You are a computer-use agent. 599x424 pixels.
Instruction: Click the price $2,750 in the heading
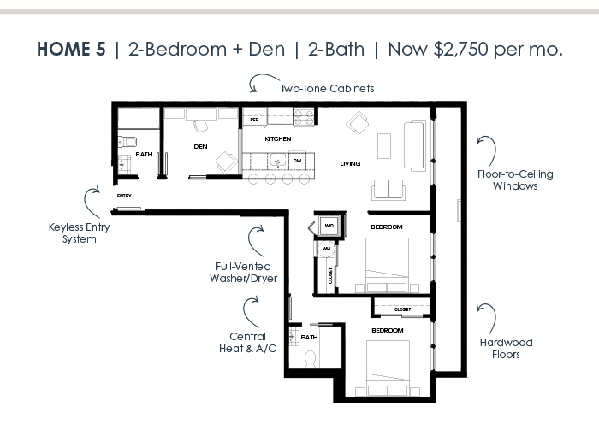(x=460, y=50)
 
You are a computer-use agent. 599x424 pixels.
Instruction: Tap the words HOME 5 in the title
(x=71, y=50)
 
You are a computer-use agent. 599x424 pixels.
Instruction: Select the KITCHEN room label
(x=278, y=139)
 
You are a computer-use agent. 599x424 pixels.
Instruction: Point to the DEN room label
(x=200, y=146)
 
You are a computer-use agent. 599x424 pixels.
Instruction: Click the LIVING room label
(x=350, y=164)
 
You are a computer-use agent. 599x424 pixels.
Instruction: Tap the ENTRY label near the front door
(x=124, y=196)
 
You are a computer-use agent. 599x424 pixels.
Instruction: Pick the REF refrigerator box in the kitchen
(x=254, y=120)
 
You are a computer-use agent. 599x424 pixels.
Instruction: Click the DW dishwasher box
(x=297, y=161)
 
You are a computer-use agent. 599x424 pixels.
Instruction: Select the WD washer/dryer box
(x=329, y=226)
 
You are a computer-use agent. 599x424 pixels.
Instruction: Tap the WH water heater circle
(x=326, y=250)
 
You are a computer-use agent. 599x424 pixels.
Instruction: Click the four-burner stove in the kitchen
(x=304, y=117)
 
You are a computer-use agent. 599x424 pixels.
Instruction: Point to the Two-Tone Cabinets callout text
(x=328, y=89)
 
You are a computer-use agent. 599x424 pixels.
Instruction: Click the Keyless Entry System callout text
(x=80, y=233)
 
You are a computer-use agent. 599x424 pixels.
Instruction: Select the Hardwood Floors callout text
(x=507, y=349)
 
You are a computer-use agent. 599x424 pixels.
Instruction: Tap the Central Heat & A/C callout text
(x=247, y=342)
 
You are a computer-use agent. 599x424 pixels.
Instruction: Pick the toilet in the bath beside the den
(x=127, y=142)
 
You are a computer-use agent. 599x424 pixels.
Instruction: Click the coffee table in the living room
(x=384, y=146)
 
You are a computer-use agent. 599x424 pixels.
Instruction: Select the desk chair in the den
(x=200, y=126)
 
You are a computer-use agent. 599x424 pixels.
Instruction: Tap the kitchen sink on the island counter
(x=278, y=161)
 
